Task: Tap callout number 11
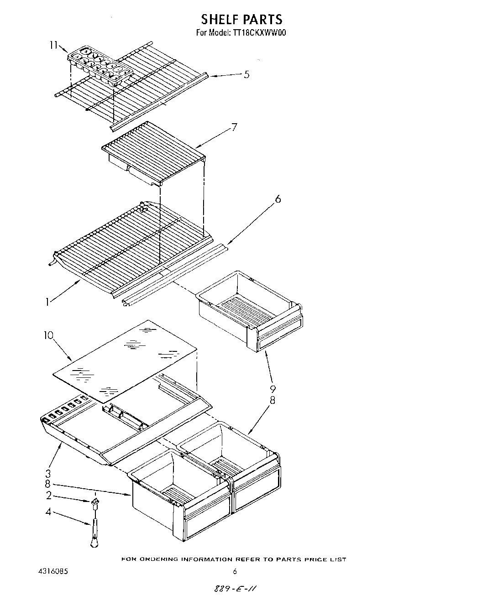(54, 45)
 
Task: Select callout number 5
(246, 74)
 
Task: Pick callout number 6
(278, 199)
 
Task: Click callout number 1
(47, 302)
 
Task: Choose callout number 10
(49, 335)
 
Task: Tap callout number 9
(273, 389)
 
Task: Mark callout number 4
(48, 512)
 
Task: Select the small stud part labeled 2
(95, 503)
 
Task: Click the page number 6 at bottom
(235, 571)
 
